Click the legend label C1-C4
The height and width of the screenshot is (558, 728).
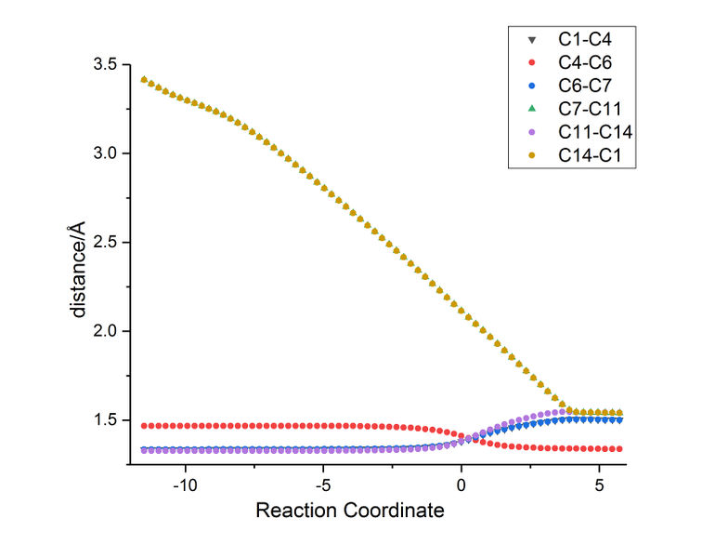click(x=584, y=40)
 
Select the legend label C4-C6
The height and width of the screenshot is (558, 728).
click(x=584, y=63)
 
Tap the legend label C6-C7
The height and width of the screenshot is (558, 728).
click(x=584, y=87)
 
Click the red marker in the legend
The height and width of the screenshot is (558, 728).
click(x=531, y=63)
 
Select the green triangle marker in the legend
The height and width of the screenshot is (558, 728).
click(x=531, y=111)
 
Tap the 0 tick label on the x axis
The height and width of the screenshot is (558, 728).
click(x=461, y=485)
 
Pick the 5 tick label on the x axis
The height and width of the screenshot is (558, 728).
click(x=599, y=485)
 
